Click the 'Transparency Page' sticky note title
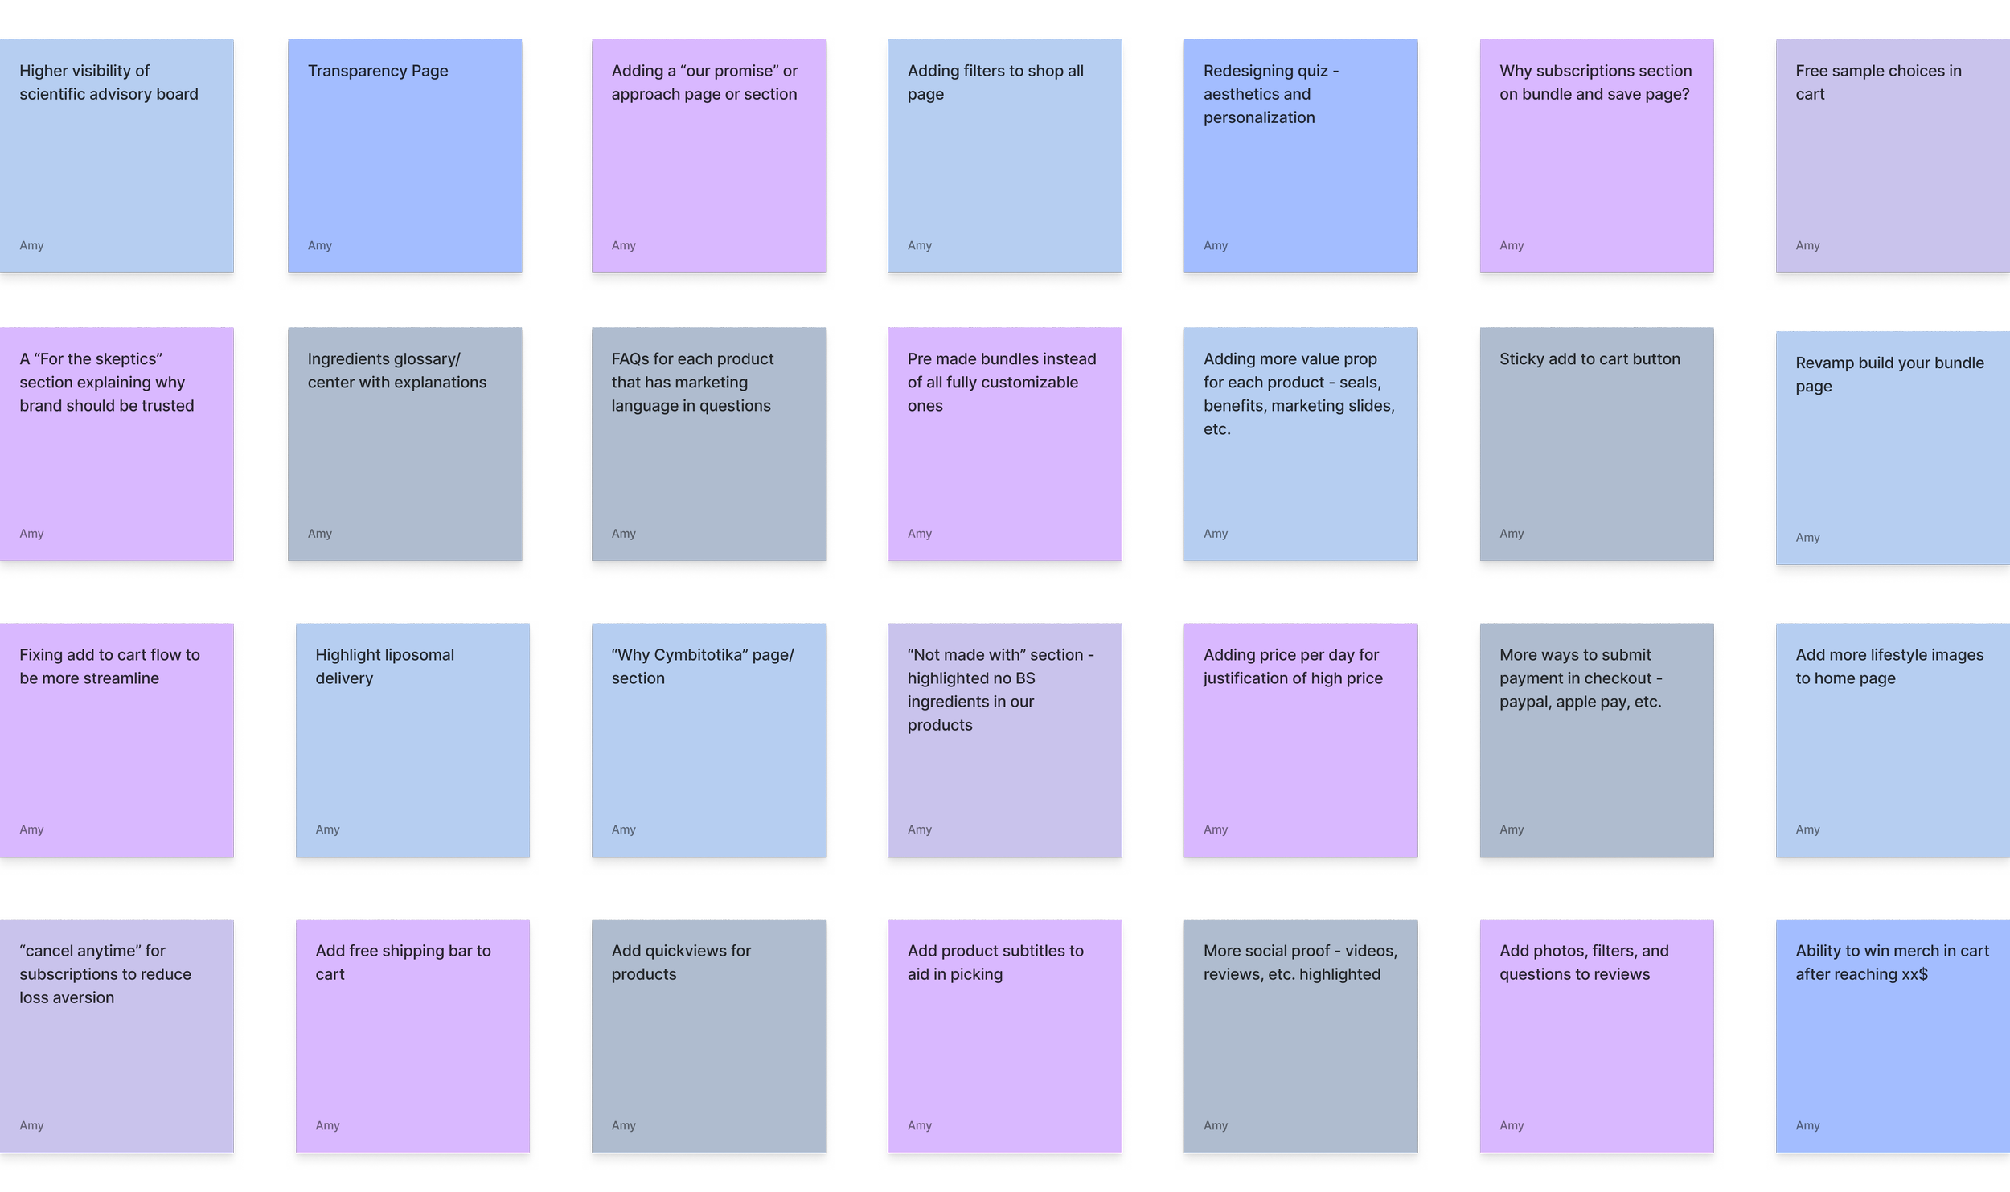point(378,71)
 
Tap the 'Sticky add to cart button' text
point(1590,359)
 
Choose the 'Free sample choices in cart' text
point(1878,82)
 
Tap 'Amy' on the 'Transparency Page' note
point(319,245)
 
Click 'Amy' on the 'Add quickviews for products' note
point(623,1125)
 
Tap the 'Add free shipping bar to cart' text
point(403,962)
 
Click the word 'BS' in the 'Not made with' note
point(1024,678)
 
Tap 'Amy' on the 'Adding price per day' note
point(1215,829)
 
